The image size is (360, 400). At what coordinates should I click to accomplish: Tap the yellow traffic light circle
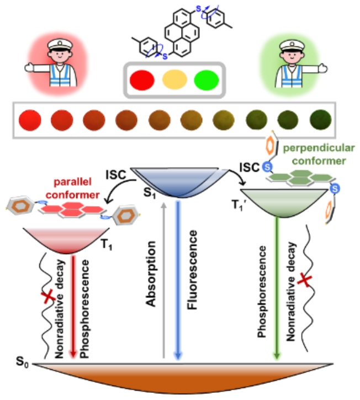point(173,81)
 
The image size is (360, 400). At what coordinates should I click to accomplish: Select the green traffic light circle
point(205,81)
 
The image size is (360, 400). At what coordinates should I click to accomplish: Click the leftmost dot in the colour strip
point(27,119)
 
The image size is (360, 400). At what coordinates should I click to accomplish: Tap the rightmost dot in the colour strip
point(318,119)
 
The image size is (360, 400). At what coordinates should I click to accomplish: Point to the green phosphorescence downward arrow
point(275,287)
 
